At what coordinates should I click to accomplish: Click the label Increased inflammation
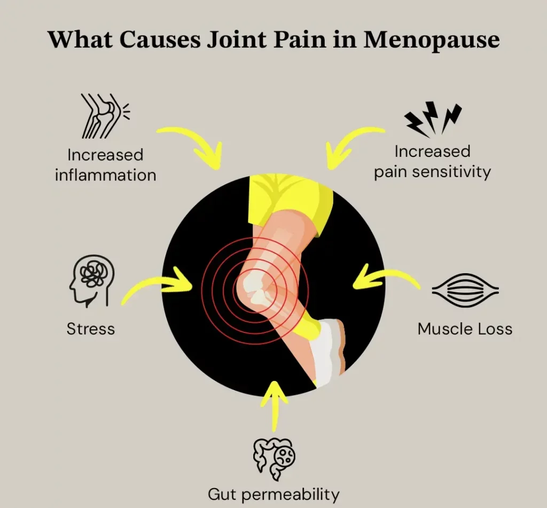tap(105, 164)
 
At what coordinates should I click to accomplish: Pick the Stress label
tap(91, 328)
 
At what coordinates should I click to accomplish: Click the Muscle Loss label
tap(465, 329)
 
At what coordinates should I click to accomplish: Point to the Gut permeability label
tap(273, 494)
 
